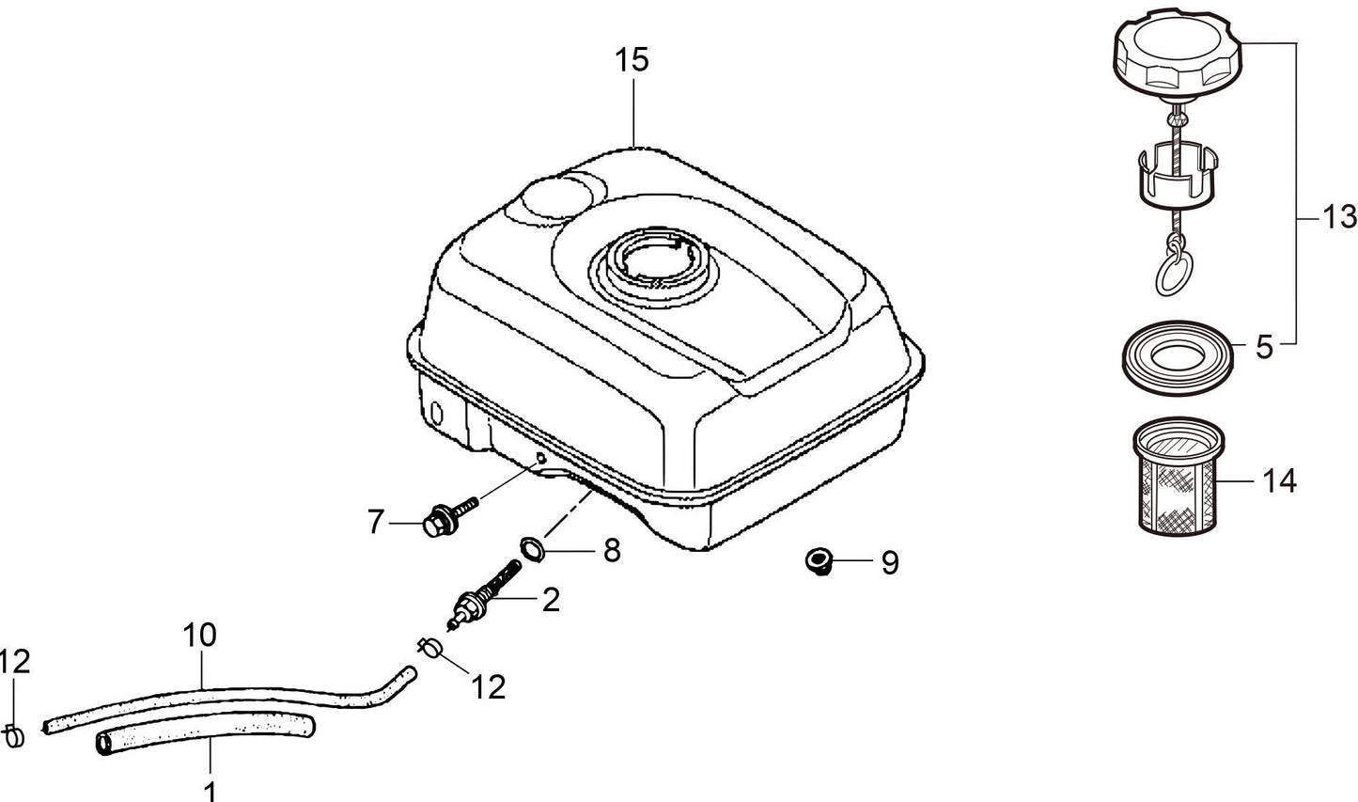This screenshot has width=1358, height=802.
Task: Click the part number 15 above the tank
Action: (x=632, y=60)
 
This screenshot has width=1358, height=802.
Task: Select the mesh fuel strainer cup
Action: (x=1178, y=479)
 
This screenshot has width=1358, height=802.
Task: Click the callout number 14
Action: (x=1280, y=481)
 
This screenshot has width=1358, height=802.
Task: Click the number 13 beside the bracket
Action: (x=1339, y=218)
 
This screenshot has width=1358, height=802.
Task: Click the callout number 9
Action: (x=889, y=563)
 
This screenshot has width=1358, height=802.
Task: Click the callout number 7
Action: (x=376, y=521)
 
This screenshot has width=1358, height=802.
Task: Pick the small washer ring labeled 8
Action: (x=532, y=546)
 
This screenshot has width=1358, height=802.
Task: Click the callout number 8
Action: (x=612, y=551)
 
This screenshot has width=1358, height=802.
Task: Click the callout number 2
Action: (x=551, y=599)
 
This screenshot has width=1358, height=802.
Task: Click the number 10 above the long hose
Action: (x=200, y=635)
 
